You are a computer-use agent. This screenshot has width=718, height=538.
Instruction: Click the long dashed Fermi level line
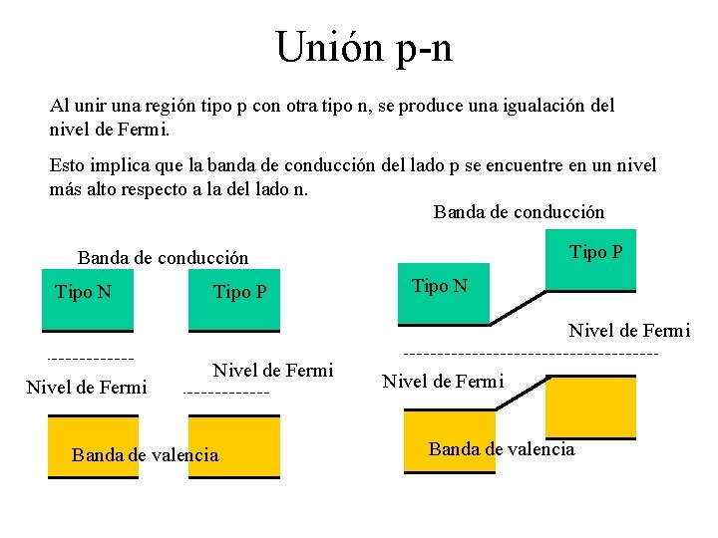[531, 353]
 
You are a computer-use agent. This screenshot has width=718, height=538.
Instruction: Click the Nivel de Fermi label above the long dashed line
[628, 331]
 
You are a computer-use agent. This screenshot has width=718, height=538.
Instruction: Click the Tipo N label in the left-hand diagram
[83, 291]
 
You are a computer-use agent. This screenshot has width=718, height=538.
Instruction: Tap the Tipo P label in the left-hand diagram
[240, 292]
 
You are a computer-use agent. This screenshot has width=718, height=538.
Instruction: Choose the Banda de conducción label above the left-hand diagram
[163, 258]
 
